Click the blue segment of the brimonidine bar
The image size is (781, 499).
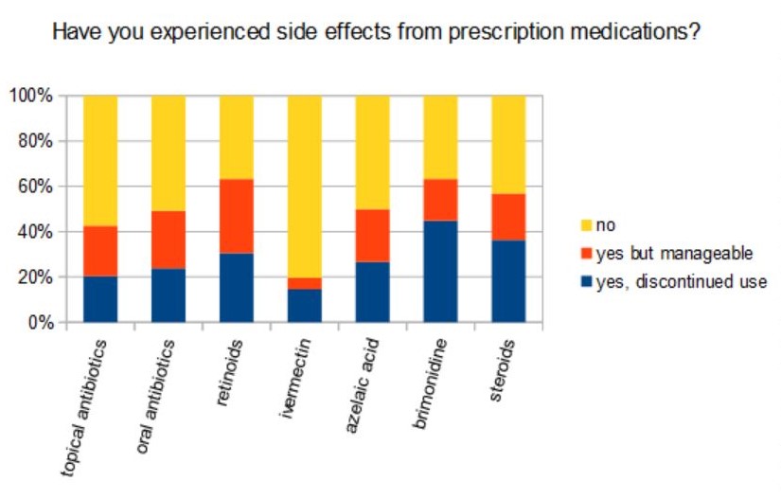440,271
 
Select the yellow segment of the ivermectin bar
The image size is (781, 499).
304,186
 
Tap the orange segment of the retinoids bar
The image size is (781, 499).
236,216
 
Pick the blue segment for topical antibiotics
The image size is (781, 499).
99,299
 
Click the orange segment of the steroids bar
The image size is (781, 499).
508,217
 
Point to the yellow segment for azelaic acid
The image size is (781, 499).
372,151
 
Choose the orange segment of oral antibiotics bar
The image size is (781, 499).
168,240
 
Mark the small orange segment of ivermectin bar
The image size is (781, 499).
304,283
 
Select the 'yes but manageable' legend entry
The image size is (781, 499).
659,253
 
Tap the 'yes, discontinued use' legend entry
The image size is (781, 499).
668,280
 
